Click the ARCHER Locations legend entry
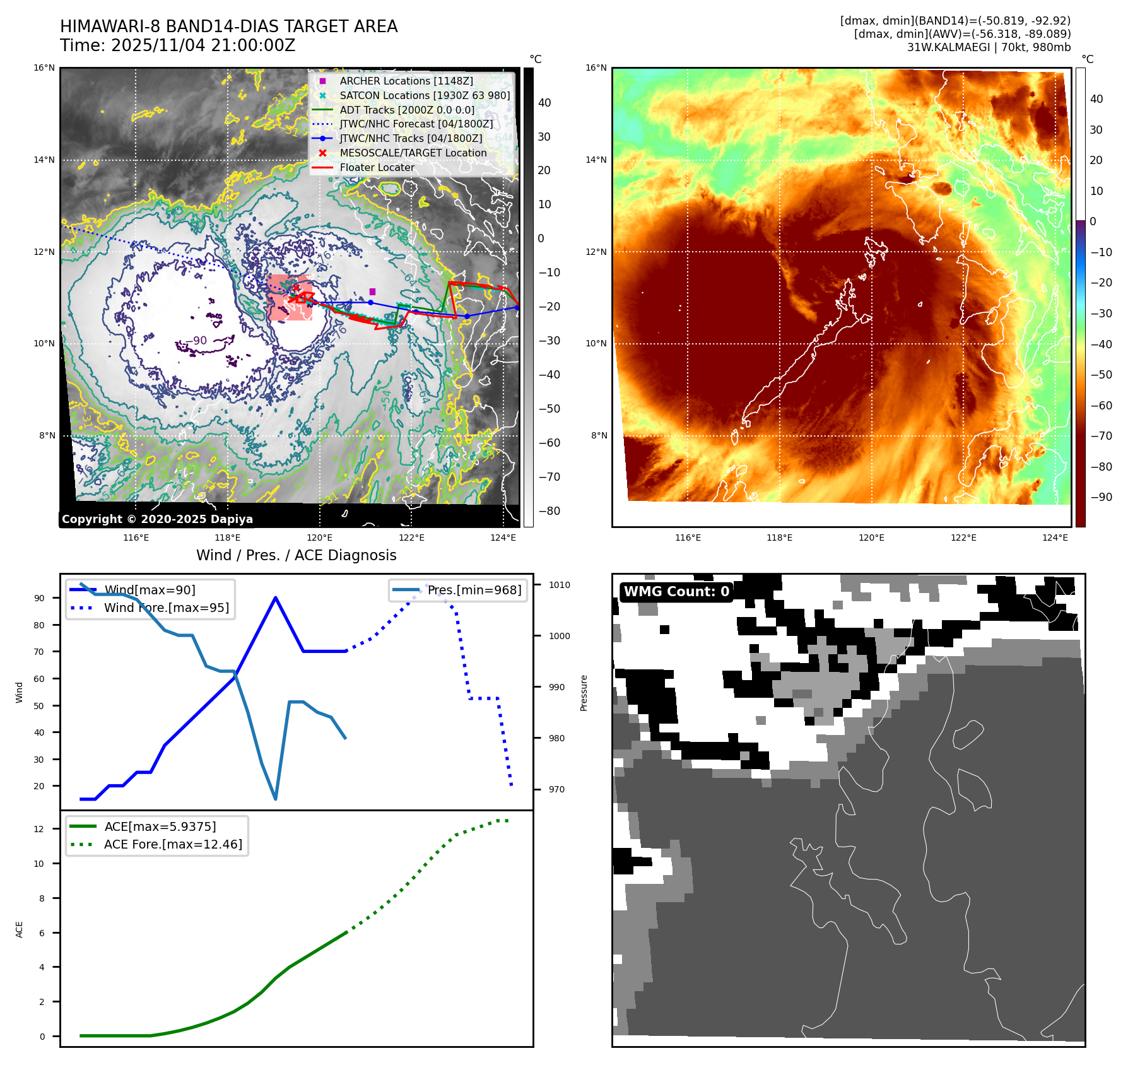[x=406, y=81]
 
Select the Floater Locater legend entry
[x=377, y=167]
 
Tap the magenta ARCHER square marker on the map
[x=372, y=291]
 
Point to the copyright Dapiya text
[x=157, y=519]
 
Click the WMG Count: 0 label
[x=676, y=592]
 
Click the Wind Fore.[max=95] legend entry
[x=166, y=608]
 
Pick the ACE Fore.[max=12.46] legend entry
[x=172, y=844]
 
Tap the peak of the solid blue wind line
[x=276, y=597]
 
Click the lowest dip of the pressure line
[x=276, y=799]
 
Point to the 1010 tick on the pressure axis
[x=559, y=585]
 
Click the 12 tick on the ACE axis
[x=39, y=829]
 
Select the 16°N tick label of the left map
[x=44, y=68]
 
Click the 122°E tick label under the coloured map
[x=963, y=538]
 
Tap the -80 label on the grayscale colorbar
[x=549, y=511]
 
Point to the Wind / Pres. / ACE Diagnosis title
[x=297, y=555]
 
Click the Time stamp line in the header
[x=178, y=45]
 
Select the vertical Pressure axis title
[x=584, y=693]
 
